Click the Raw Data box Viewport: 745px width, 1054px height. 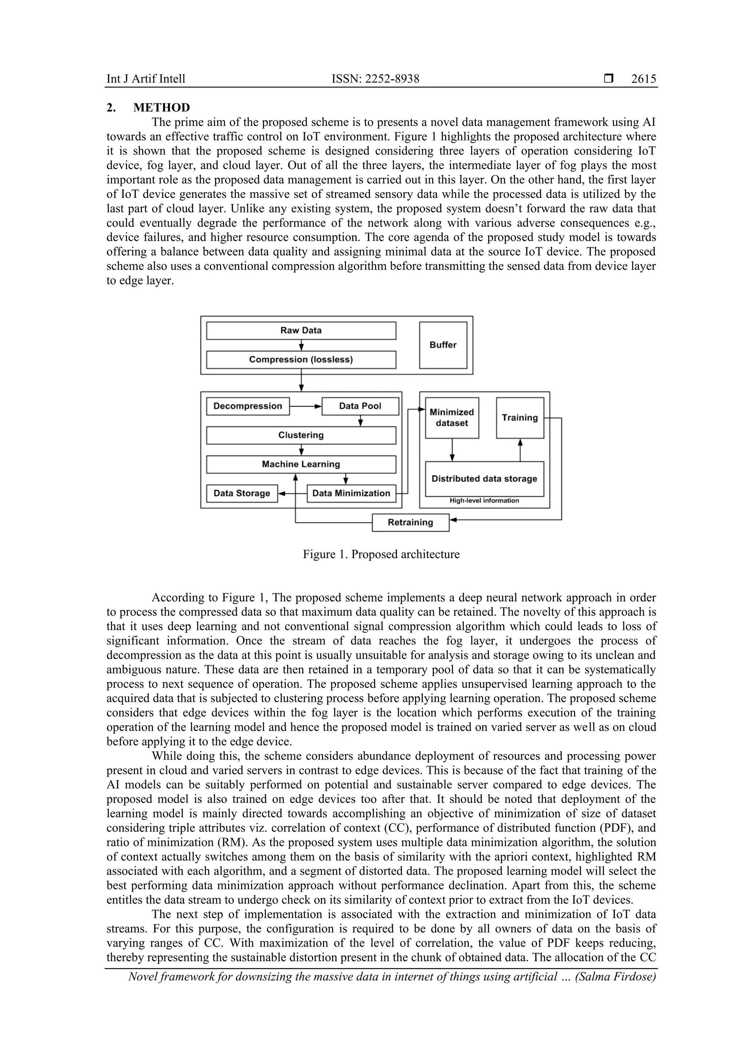301,330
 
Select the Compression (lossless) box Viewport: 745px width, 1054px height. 301,359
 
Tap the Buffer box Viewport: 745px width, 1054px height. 443,345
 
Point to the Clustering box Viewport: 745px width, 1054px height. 301,435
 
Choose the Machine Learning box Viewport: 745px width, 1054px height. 301,464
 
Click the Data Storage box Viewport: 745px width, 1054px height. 242,493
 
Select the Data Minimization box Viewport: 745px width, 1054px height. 351,493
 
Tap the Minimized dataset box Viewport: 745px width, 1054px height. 452,418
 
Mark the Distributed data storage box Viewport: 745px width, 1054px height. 484,478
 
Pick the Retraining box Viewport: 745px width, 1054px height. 410,522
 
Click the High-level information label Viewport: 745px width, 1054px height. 484,501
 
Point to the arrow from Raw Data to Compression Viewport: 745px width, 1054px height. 301,345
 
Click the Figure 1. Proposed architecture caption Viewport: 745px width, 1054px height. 381,554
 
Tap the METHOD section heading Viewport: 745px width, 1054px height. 162,108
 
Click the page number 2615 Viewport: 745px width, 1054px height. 643,79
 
